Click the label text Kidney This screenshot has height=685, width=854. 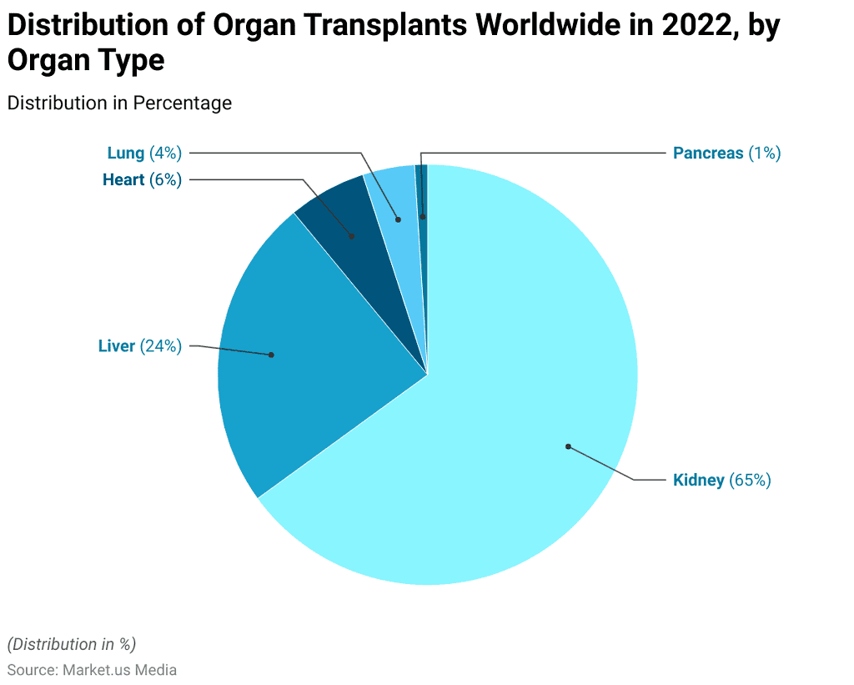point(698,481)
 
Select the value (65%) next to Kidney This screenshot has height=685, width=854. point(750,481)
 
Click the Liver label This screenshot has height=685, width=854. point(116,346)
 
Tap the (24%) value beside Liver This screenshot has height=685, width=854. point(160,346)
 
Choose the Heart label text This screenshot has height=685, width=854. point(123,179)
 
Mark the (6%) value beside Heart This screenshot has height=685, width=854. point(165,179)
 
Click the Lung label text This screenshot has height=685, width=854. point(126,153)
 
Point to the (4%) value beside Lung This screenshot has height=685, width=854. point(165,153)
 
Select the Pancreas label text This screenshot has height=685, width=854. point(707,153)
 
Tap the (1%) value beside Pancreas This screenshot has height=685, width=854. point(764,153)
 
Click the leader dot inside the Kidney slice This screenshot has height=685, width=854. point(568,446)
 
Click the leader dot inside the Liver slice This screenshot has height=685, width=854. point(271,355)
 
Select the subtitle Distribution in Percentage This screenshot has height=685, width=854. point(119,103)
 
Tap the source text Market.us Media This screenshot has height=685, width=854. point(119,670)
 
